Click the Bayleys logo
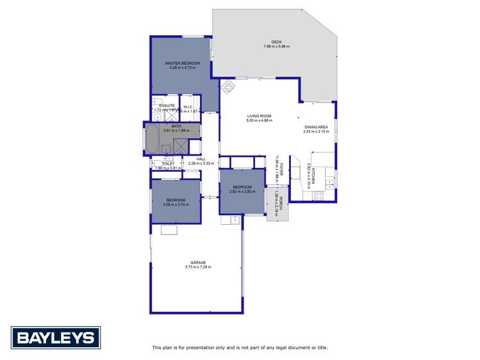tap(55, 338)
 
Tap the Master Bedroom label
tap(183, 63)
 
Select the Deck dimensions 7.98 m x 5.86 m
tap(276, 47)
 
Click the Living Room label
tap(260, 116)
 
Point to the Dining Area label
tap(316, 127)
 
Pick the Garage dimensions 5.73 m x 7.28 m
tap(198, 266)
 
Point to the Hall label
tap(201, 159)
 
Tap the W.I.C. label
tap(188, 106)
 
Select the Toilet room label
tap(169, 163)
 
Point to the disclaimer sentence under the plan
tap(240, 347)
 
